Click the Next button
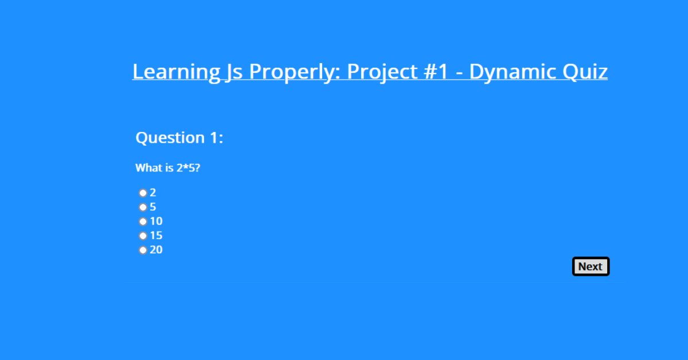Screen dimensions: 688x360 (x=591, y=267)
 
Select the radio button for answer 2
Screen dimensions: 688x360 (x=143, y=193)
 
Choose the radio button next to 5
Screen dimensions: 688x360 (x=143, y=208)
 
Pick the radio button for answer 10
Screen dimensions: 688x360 (x=143, y=221)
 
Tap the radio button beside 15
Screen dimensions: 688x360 (x=143, y=236)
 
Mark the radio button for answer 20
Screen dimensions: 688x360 (x=143, y=250)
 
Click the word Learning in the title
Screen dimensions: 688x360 (x=177, y=72)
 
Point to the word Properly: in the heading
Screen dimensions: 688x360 (x=295, y=72)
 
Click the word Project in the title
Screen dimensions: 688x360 (x=382, y=72)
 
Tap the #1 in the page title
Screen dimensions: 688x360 (x=436, y=72)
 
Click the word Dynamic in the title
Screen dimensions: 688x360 (x=513, y=72)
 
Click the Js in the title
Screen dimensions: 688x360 (x=234, y=72)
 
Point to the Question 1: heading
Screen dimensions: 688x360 (x=179, y=138)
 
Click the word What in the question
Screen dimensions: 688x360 (x=148, y=168)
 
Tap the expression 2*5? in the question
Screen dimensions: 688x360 (x=188, y=168)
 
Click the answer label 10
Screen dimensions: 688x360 (x=156, y=221)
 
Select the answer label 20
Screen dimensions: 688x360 (x=156, y=250)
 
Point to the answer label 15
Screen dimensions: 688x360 (x=156, y=236)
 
